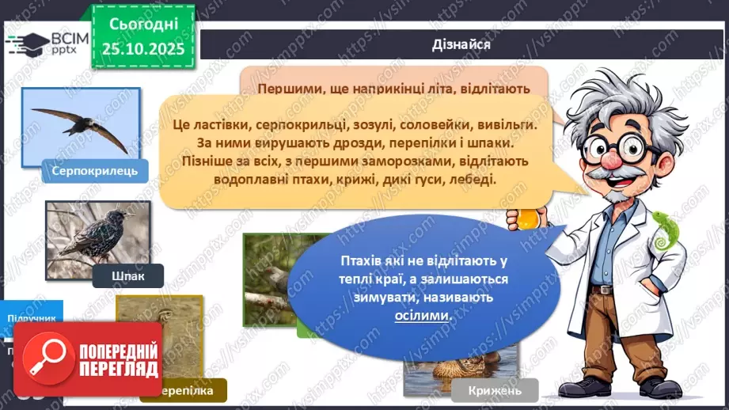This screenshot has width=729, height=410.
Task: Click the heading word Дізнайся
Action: (462, 44)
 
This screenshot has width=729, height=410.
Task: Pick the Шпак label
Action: (127, 275)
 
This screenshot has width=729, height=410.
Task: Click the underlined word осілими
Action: (421, 315)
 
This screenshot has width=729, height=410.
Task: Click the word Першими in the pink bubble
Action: (289, 88)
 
